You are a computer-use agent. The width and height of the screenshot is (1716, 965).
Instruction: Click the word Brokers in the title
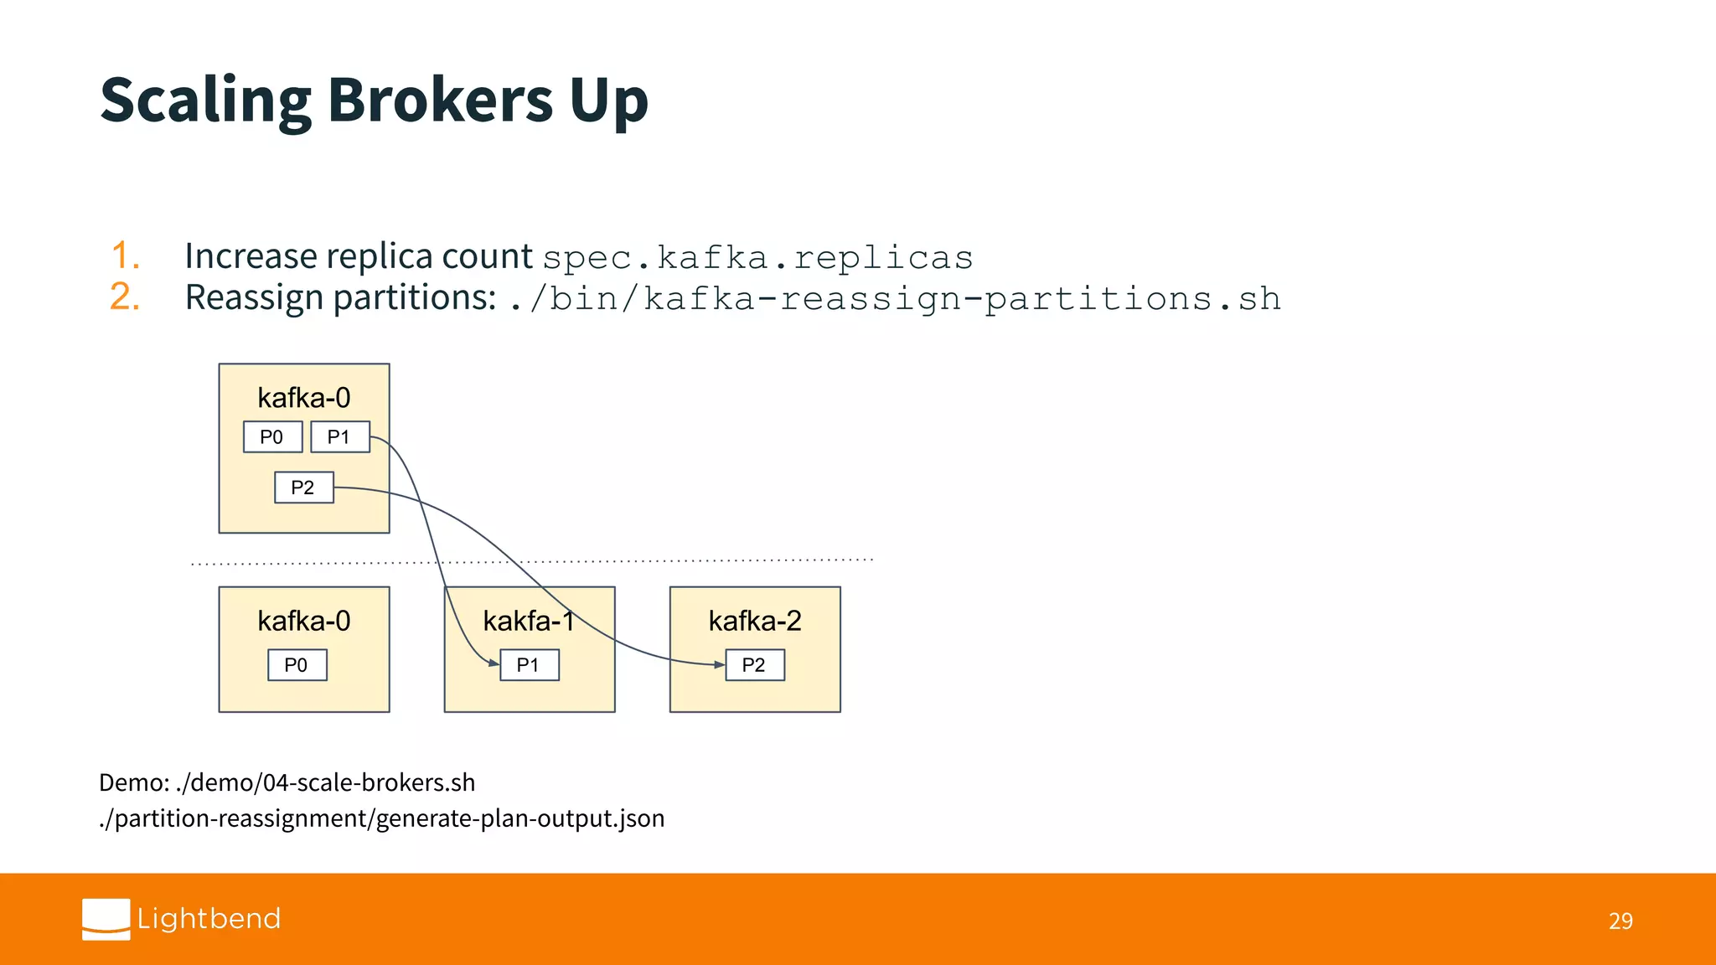(x=440, y=100)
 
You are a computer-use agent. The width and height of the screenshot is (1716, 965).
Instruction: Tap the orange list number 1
(x=125, y=255)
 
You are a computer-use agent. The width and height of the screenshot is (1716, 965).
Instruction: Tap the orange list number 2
(x=125, y=297)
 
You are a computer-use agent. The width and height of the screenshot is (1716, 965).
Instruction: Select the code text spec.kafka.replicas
(x=757, y=257)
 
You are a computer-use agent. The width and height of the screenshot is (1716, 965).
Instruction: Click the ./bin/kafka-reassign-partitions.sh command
(x=895, y=299)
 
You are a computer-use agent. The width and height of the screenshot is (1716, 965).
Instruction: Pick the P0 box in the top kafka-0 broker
(x=272, y=436)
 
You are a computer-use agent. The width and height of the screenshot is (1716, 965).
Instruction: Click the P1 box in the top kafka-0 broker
(x=339, y=436)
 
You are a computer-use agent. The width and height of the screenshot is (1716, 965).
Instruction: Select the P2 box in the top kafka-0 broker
(x=303, y=488)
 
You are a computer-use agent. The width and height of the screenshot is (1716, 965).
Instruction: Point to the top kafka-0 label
(x=303, y=397)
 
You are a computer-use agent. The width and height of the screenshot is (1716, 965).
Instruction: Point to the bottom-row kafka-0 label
(x=303, y=621)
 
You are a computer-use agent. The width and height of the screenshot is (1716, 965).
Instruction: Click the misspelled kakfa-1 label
(x=529, y=621)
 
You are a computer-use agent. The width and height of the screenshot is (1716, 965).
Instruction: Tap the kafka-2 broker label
(x=755, y=621)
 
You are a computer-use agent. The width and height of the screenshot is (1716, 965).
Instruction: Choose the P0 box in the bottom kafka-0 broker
(x=297, y=665)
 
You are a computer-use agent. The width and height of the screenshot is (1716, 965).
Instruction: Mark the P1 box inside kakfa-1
(x=529, y=665)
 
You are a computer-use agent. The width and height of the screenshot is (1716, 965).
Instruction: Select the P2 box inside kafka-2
(x=754, y=665)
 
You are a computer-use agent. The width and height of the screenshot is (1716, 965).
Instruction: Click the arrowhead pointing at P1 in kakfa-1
(x=494, y=663)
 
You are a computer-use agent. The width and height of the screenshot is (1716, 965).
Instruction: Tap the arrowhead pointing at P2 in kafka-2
(x=719, y=664)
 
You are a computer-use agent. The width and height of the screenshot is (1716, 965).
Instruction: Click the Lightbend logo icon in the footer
(x=106, y=919)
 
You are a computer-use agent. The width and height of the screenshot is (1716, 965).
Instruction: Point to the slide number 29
(x=1620, y=921)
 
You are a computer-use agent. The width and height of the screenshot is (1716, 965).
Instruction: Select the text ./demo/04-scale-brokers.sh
(x=325, y=782)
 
